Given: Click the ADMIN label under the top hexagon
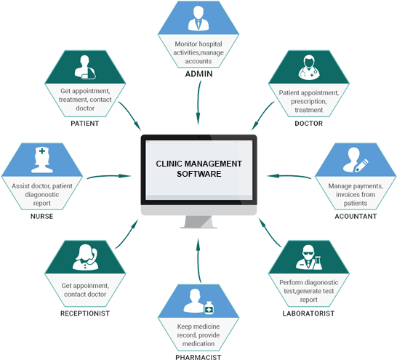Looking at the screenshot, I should (x=198, y=74).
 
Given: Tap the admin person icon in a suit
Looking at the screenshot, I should (x=198, y=20).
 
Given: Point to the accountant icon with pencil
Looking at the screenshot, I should (x=355, y=161).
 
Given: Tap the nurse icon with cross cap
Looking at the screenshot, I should (x=41, y=161).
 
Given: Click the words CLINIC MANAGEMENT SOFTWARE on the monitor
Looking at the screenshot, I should (x=198, y=169).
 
